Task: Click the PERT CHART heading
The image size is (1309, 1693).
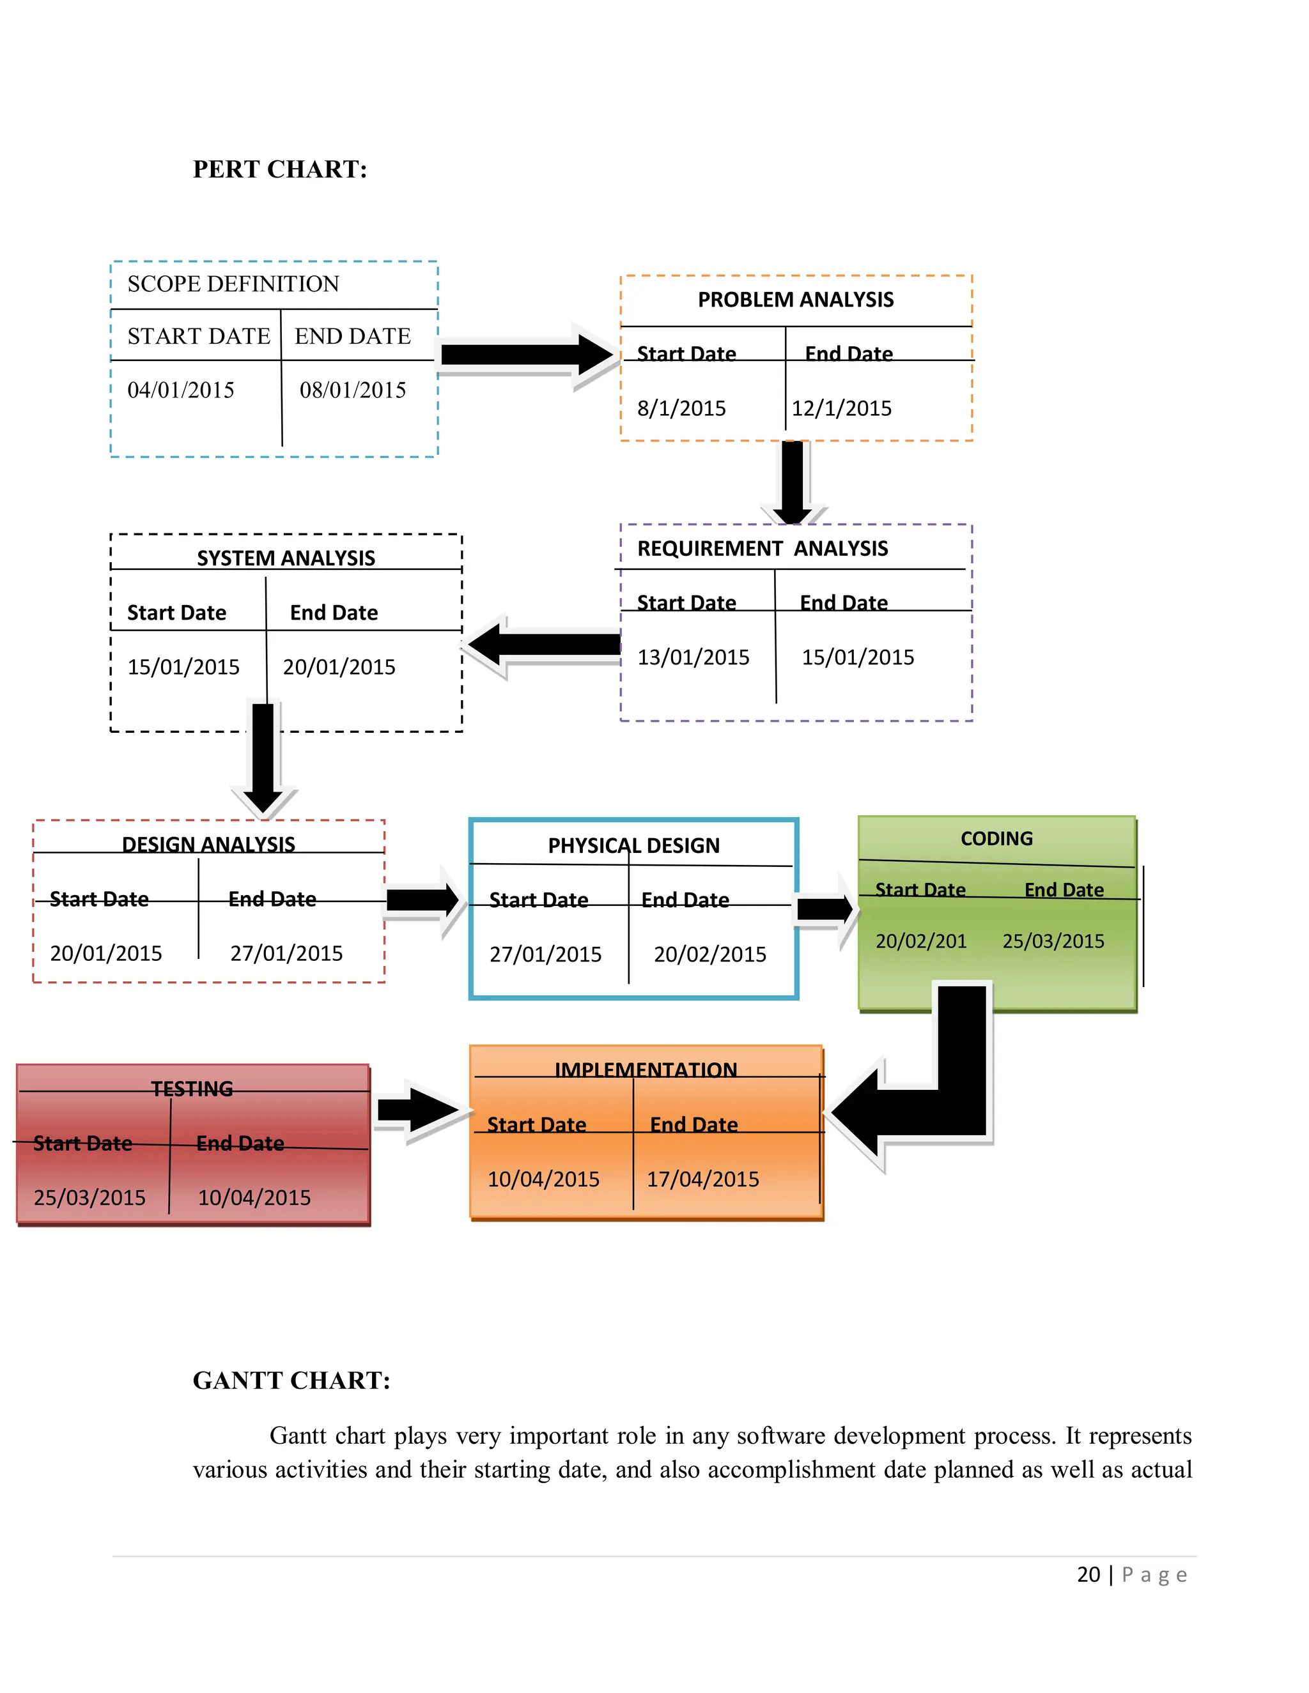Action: pos(280,169)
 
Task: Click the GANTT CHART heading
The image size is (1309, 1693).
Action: pos(291,1381)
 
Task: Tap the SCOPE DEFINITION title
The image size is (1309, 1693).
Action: pos(233,284)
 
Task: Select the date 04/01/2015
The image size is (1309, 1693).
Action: pos(181,390)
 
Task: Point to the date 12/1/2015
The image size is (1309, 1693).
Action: pos(841,408)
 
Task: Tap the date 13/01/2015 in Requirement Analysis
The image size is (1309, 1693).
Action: pos(693,657)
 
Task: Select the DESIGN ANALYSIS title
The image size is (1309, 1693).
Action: pos(208,844)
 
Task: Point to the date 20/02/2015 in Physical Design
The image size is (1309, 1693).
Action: pos(709,954)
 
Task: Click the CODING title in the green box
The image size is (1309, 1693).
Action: pos(996,839)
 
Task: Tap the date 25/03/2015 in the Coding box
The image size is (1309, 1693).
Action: pos(1053,941)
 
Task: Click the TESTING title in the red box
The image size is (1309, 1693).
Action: pos(192,1089)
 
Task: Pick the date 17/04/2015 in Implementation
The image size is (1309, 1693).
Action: pos(702,1179)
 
